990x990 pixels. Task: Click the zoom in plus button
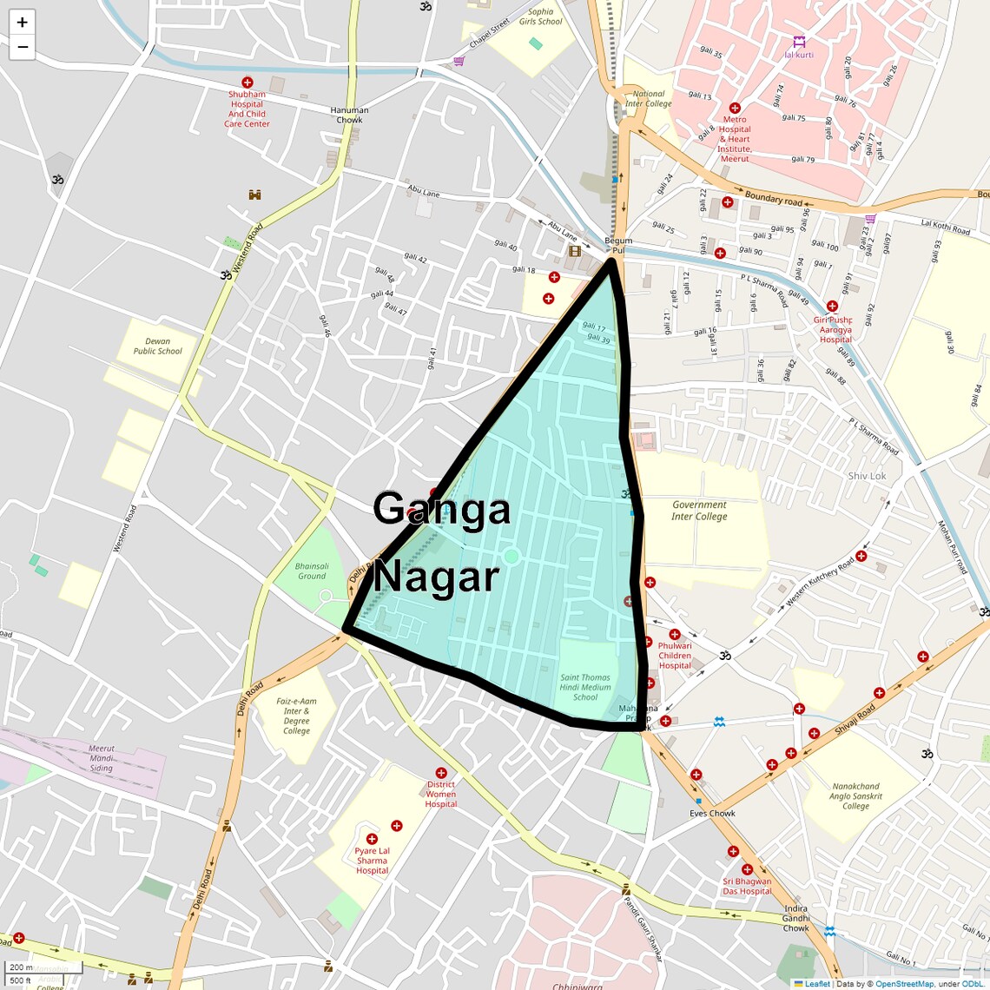pos(22,23)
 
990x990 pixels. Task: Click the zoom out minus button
pos(22,47)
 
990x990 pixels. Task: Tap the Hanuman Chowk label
pos(349,115)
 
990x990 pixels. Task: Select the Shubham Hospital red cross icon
pos(247,82)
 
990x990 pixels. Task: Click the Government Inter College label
pos(699,511)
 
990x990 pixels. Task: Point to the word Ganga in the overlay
pos(441,509)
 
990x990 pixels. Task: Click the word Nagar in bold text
pos(436,577)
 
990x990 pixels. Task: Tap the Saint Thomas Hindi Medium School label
pos(584,687)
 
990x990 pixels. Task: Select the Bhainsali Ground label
pos(312,571)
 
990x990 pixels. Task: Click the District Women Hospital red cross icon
pos(441,773)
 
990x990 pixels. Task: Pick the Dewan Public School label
pos(158,346)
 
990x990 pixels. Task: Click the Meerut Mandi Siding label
pos(102,758)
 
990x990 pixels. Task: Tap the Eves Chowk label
pos(712,814)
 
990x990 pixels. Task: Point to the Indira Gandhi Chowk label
pos(795,918)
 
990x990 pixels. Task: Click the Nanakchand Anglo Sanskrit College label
pos(855,796)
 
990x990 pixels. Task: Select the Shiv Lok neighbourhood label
pos(867,476)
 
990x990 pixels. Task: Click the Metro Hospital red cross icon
pos(735,109)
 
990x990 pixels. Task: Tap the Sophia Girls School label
pos(540,16)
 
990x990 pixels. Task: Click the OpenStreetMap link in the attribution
pos(904,984)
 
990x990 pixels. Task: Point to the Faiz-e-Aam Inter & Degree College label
pos(296,716)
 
